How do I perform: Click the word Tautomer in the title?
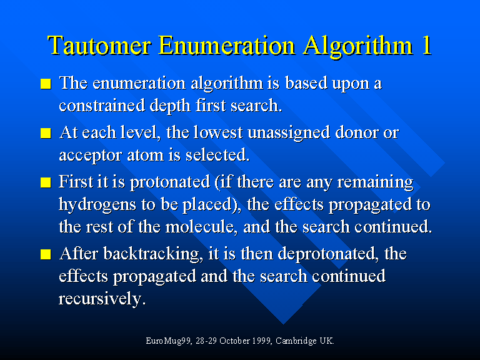(x=99, y=45)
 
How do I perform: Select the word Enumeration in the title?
(x=226, y=45)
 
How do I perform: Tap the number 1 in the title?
(x=426, y=45)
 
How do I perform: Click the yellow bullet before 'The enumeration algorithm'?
(x=46, y=84)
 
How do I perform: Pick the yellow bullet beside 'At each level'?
(x=46, y=133)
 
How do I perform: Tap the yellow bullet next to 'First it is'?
(x=46, y=182)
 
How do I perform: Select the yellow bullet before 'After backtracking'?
(x=46, y=254)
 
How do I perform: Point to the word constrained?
(x=102, y=106)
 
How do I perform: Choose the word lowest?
(x=218, y=132)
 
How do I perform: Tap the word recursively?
(x=101, y=299)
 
